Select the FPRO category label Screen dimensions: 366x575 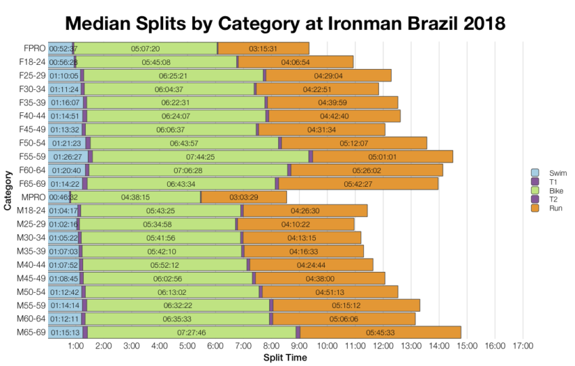coord(32,49)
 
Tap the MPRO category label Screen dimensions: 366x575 coord(32,197)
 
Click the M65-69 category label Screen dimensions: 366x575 coord(30,332)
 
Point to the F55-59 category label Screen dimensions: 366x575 coord(30,156)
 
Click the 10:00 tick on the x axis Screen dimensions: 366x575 coord(327,346)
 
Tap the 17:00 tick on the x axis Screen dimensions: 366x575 coord(523,346)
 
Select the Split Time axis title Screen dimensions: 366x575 coord(285,357)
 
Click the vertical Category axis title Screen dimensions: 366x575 coord(7,190)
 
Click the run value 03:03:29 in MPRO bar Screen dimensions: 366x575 coord(244,197)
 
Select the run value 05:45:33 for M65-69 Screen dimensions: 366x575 coord(379,332)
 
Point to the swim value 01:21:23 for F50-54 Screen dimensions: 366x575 coord(65,143)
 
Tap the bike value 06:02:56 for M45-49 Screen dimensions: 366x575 coord(168,278)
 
